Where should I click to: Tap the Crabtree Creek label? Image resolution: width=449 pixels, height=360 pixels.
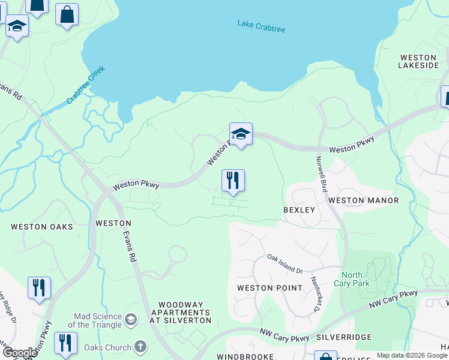(86, 85)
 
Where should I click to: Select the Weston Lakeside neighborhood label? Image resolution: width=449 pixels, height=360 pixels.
(420, 61)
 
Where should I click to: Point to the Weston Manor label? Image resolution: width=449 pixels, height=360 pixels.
(363, 200)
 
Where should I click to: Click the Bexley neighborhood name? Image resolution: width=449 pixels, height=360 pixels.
(299, 210)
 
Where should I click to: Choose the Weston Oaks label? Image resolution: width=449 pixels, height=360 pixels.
(42, 227)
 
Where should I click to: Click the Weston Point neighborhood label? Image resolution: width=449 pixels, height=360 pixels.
(270, 288)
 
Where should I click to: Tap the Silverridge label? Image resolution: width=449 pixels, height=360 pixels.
(344, 338)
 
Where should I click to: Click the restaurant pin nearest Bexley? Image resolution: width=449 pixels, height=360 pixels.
(233, 181)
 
